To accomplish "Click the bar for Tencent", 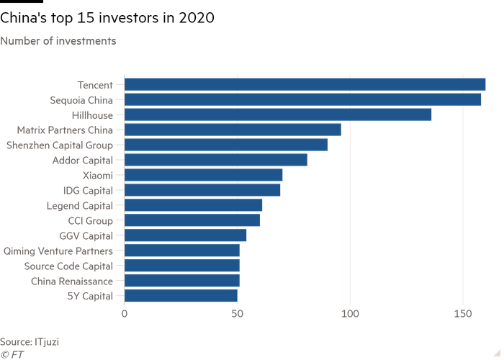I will pyautogui.click(x=305, y=84).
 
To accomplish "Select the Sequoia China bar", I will pyautogui.click(x=303, y=99).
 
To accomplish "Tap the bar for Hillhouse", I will pyautogui.click(x=279, y=114).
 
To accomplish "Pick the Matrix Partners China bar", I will pyautogui.click(x=233, y=130).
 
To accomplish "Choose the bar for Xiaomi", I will pyautogui.click(x=204, y=175).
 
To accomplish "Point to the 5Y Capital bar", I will pyautogui.click(x=181, y=296).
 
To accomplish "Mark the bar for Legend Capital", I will pyautogui.click(x=194, y=205).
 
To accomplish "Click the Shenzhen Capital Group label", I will pyautogui.click(x=59, y=145).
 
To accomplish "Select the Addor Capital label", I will pyautogui.click(x=83, y=160).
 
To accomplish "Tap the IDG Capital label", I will pyautogui.click(x=88, y=190).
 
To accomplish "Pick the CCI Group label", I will pyautogui.click(x=90, y=220).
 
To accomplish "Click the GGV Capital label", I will pyautogui.click(x=86, y=235).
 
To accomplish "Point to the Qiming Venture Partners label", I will pyautogui.click(x=58, y=251).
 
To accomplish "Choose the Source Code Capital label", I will pyautogui.click(x=68, y=266).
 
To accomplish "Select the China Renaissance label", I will pyautogui.click(x=71, y=281).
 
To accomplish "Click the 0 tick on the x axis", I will pyautogui.click(x=125, y=314).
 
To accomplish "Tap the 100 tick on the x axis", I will pyautogui.click(x=350, y=314).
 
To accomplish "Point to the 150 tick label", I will pyautogui.click(x=462, y=314).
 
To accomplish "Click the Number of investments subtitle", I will pyautogui.click(x=59, y=41).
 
